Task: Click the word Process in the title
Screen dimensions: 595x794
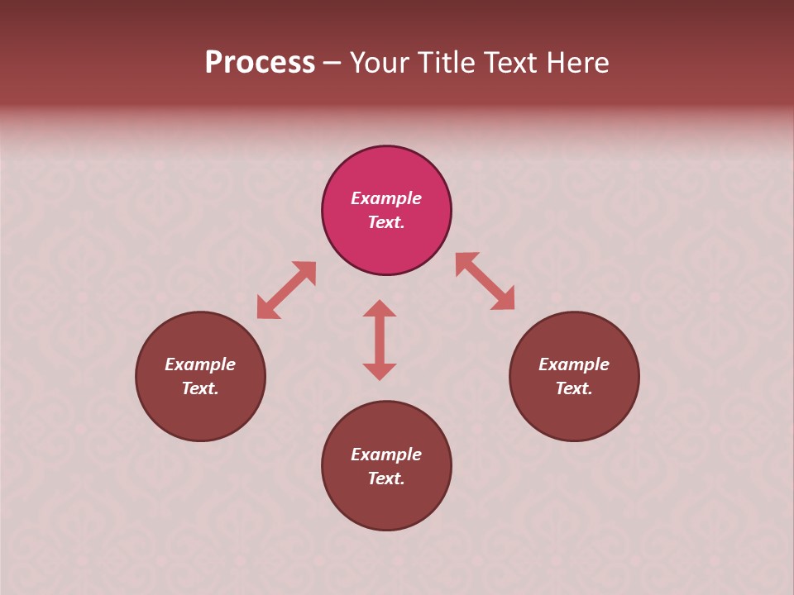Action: pyautogui.click(x=260, y=63)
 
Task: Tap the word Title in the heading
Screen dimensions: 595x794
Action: pyautogui.click(x=445, y=63)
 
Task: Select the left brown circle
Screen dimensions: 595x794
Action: pyautogui.click(x=200, y=413)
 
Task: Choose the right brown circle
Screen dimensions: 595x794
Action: pyautogui.click(x=574, y=413)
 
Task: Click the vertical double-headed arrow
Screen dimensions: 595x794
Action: pyautogui.click(x=380, y=340)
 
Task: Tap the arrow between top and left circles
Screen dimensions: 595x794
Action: pyautogui.click(x=286, y=290)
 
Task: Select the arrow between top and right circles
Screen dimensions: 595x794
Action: pyautogui.click(x=485, y=281)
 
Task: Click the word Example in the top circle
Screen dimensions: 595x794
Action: pyautogui.click(x=386, y=198)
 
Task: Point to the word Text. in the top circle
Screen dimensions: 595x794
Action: pyautogui.click(x=386, y=222)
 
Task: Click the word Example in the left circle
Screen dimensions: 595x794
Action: pyautogui.click(x=200, y=364)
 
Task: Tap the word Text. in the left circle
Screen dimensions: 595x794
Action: pyautogui.click(x=200, y=388)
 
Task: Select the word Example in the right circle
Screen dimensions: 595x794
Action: pyautogui.click(x=574, y=364)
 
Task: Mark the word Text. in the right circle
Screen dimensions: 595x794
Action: pyautogui.click(x=574, y=388)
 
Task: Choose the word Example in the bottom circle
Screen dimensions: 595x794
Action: pyautogui.click(x=386, y=455)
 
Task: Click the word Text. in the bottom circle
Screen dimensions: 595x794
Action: pyautogui.click(x=386, y=478)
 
